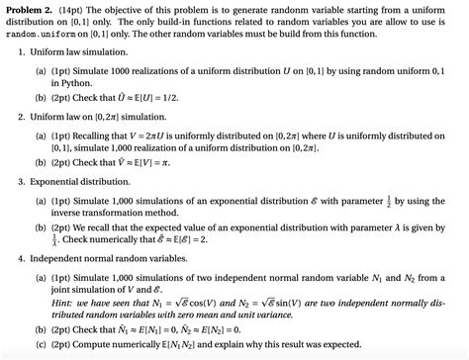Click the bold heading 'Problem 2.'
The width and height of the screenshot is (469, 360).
click(32, 8)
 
